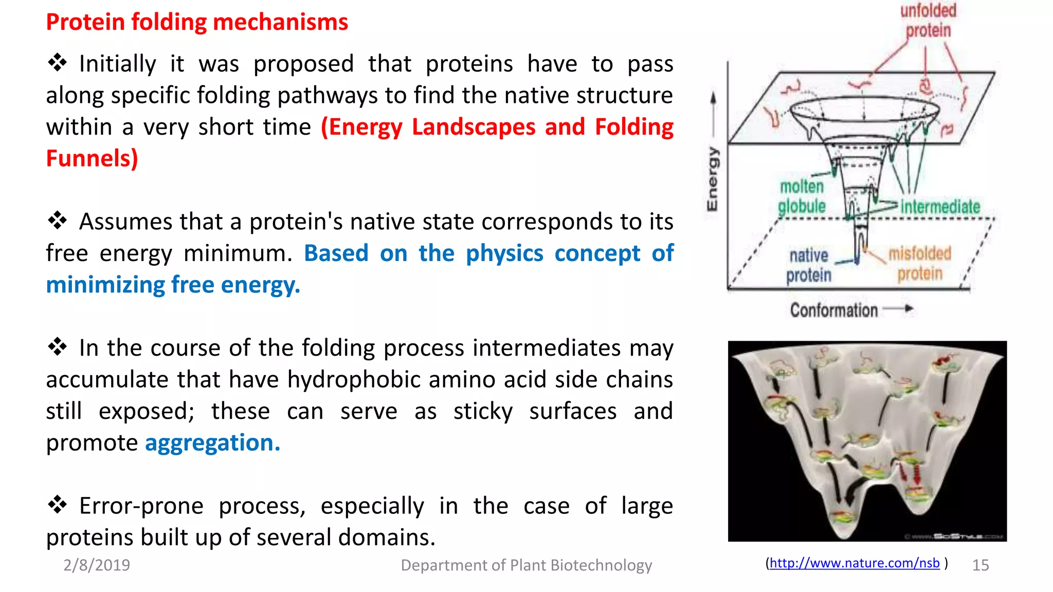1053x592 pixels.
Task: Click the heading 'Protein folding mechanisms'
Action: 197,22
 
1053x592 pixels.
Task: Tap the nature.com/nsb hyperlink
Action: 854,563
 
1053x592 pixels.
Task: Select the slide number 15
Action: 980,565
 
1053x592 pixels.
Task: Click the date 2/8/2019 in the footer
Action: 97,565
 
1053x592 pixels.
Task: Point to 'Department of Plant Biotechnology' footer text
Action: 526,565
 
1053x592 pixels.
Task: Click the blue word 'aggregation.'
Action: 212,443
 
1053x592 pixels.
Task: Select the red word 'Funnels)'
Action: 92,158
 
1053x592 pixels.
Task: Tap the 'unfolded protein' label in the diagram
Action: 928,21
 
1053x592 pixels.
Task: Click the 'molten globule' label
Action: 802,196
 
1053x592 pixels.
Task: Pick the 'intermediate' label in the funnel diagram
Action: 940,207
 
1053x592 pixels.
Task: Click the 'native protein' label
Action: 809,265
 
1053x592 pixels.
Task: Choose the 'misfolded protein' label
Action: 920,264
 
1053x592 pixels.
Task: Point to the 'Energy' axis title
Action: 712,179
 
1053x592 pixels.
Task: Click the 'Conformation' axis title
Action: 833,310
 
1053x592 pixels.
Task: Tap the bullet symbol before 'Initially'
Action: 57,63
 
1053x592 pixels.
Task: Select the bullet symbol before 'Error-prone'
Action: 57,505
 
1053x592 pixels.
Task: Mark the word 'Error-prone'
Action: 141,506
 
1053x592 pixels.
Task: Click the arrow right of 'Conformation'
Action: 898,309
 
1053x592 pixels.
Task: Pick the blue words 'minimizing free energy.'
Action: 173,285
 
